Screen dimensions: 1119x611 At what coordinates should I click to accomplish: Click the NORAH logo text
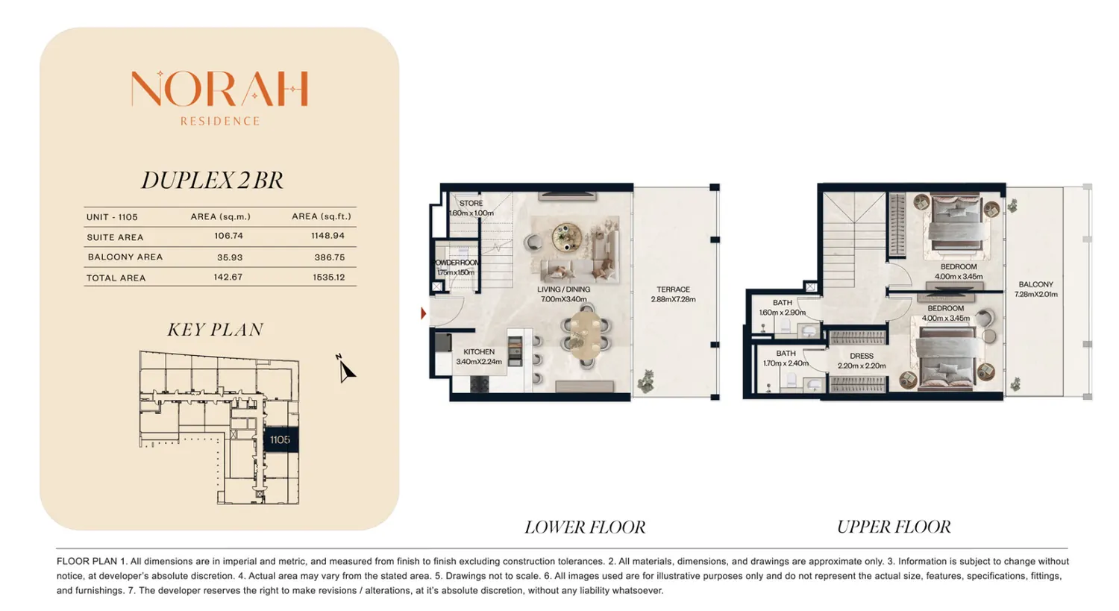tap(219, 89)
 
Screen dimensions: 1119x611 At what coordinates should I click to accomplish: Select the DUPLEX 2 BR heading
tap(213, 181)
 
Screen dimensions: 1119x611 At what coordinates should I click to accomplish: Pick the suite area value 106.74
tap(228, 236)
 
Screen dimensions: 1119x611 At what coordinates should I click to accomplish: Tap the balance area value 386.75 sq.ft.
tap(329, 257)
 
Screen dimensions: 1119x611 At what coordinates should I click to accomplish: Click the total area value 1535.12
tap(329, 278)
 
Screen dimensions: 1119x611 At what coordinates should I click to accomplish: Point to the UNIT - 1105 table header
tap(112, 217)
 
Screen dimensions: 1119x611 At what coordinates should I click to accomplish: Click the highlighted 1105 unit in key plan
tap(280, 439)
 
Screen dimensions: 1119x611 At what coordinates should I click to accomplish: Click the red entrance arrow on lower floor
tap(423, 313)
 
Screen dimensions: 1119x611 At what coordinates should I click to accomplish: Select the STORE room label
tap(471, 204)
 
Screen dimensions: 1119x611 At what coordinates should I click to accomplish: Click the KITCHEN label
tap(479, 351)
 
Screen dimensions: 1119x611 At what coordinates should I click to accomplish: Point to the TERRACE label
tap(673, 289)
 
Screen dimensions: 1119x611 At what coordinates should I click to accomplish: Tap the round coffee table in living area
tap(566, 236)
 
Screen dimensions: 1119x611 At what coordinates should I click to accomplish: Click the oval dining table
tap(585, 335)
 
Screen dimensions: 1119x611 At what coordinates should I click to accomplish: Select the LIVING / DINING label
tap(563, 289)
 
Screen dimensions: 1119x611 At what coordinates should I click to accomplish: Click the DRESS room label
tap(862, 356)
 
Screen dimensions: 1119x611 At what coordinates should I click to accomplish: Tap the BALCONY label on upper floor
tap(1035, 284)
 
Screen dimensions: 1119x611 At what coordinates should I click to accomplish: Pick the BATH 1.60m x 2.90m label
tap(783, 307)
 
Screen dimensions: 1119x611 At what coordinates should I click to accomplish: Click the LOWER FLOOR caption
tap(585, 527)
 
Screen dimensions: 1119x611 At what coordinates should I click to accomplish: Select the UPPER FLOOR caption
tap(894, 527)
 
